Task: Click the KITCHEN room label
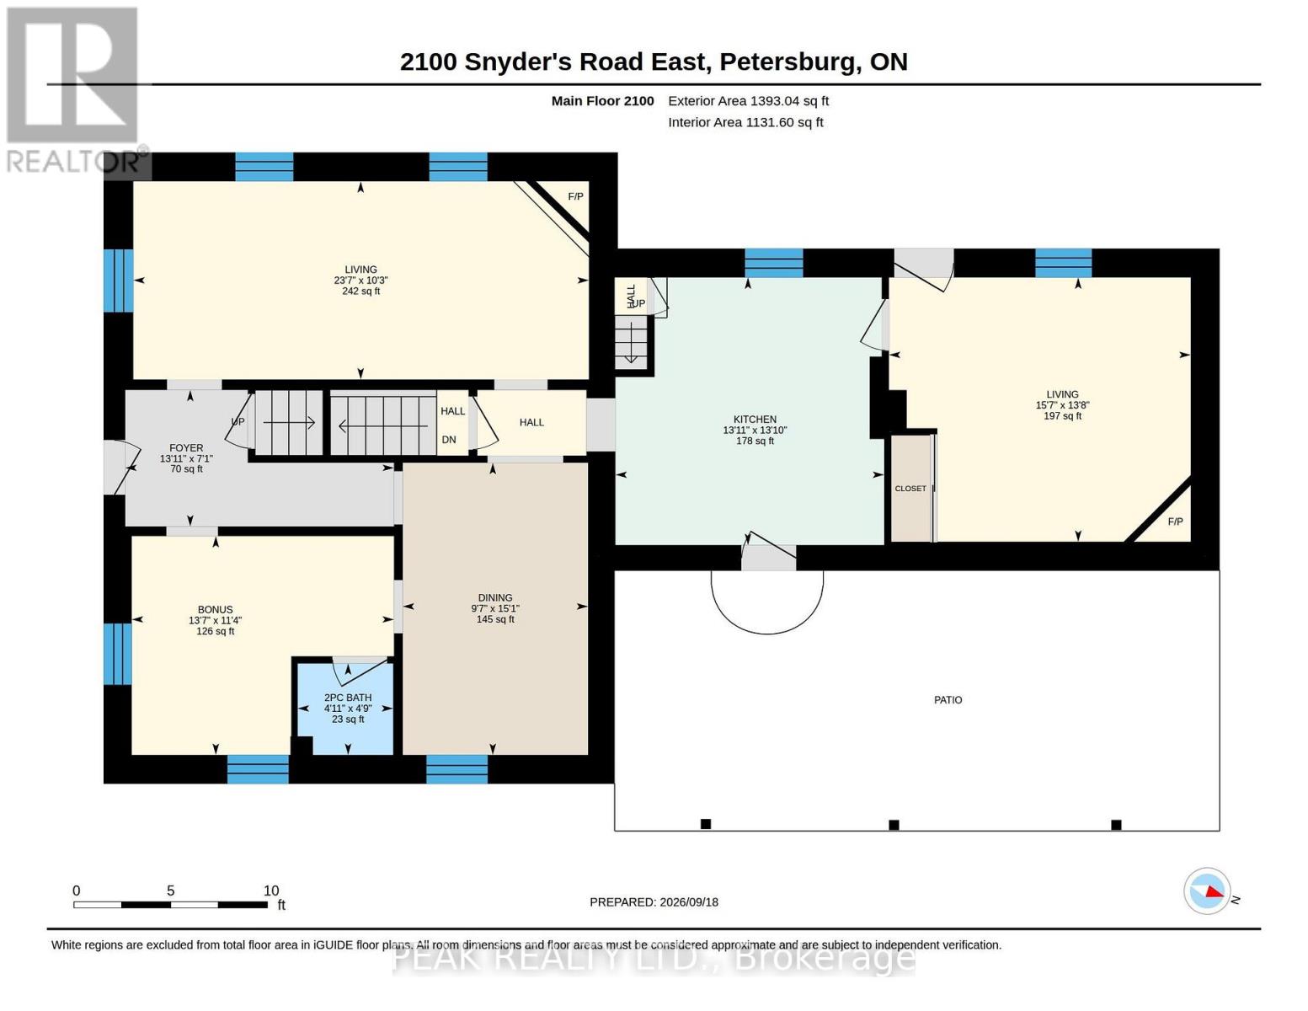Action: coord(755,419)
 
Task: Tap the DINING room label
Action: coord(494,598)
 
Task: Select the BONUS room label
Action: coord(215,610)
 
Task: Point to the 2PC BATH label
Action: coord(348,698)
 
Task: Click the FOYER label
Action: coord(186,448)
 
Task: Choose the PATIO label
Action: coord(948,700)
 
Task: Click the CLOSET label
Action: coord(910,489)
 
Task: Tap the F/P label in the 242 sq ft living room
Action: coord(575,196)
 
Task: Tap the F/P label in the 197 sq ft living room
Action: coord(1175,522)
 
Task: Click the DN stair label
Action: coord(448,440)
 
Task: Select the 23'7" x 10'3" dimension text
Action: coord(360,281)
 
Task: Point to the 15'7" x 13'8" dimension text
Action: coord(1062,405)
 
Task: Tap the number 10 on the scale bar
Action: coord(271,891)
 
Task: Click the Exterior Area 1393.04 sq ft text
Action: coord(748,101)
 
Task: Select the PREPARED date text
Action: coord(654,902)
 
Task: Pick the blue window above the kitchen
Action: coord(773,263)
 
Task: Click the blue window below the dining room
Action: coord(456,769)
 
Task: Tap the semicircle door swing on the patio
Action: coord(767,634)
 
